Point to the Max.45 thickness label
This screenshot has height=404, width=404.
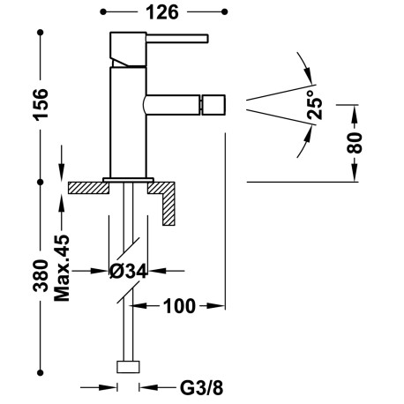[x=63, y=268]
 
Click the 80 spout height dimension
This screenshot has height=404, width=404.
[x=355, y=143]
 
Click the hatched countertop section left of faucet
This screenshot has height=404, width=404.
[x=86, y=186]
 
